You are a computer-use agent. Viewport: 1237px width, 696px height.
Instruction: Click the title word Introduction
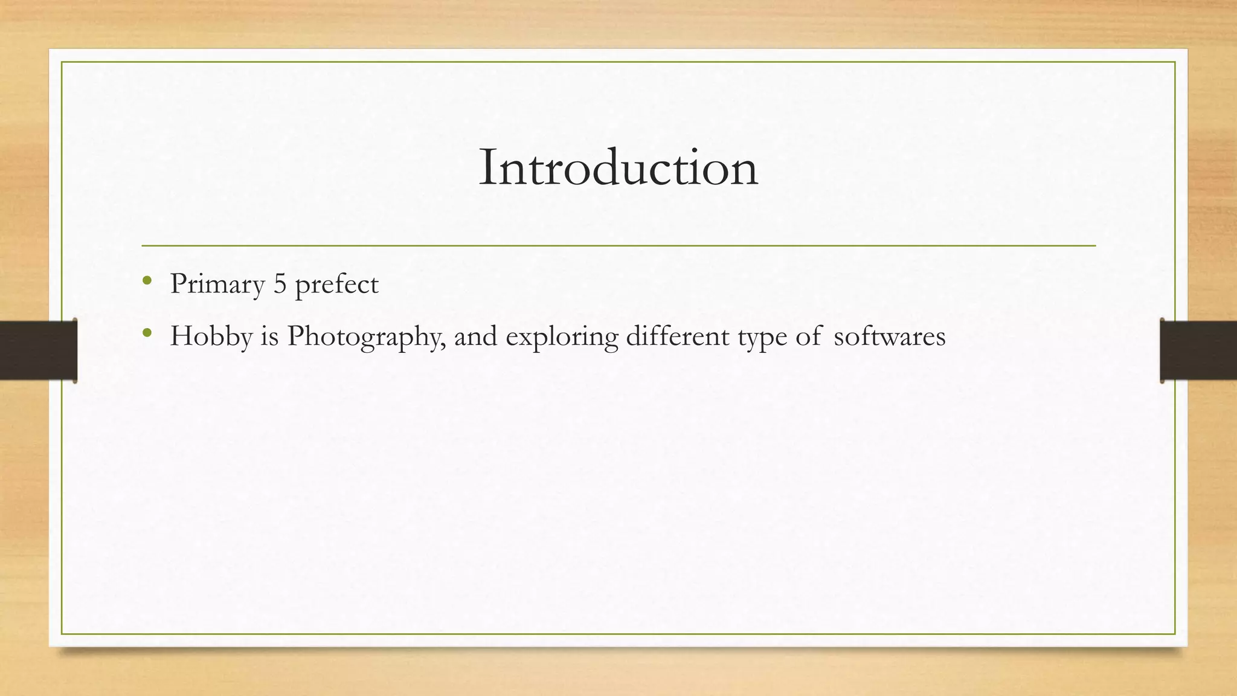(x=618, y=168)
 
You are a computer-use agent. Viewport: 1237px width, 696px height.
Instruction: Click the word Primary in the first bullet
(x=217, y=284)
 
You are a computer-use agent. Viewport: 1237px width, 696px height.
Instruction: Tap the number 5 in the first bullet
(x=280, y=284)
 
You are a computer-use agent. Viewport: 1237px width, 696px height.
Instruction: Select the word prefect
(x=336, y=284)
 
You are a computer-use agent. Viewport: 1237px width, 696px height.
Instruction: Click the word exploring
(x=562, y=337)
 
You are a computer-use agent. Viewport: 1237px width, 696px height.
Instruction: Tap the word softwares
(x=889, y=337)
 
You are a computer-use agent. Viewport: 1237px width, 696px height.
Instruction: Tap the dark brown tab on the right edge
(x=1198, y=350)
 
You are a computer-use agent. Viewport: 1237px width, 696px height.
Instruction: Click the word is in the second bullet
(x=269, y=336)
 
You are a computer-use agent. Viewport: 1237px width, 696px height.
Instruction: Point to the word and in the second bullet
(x=475, y=336)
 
